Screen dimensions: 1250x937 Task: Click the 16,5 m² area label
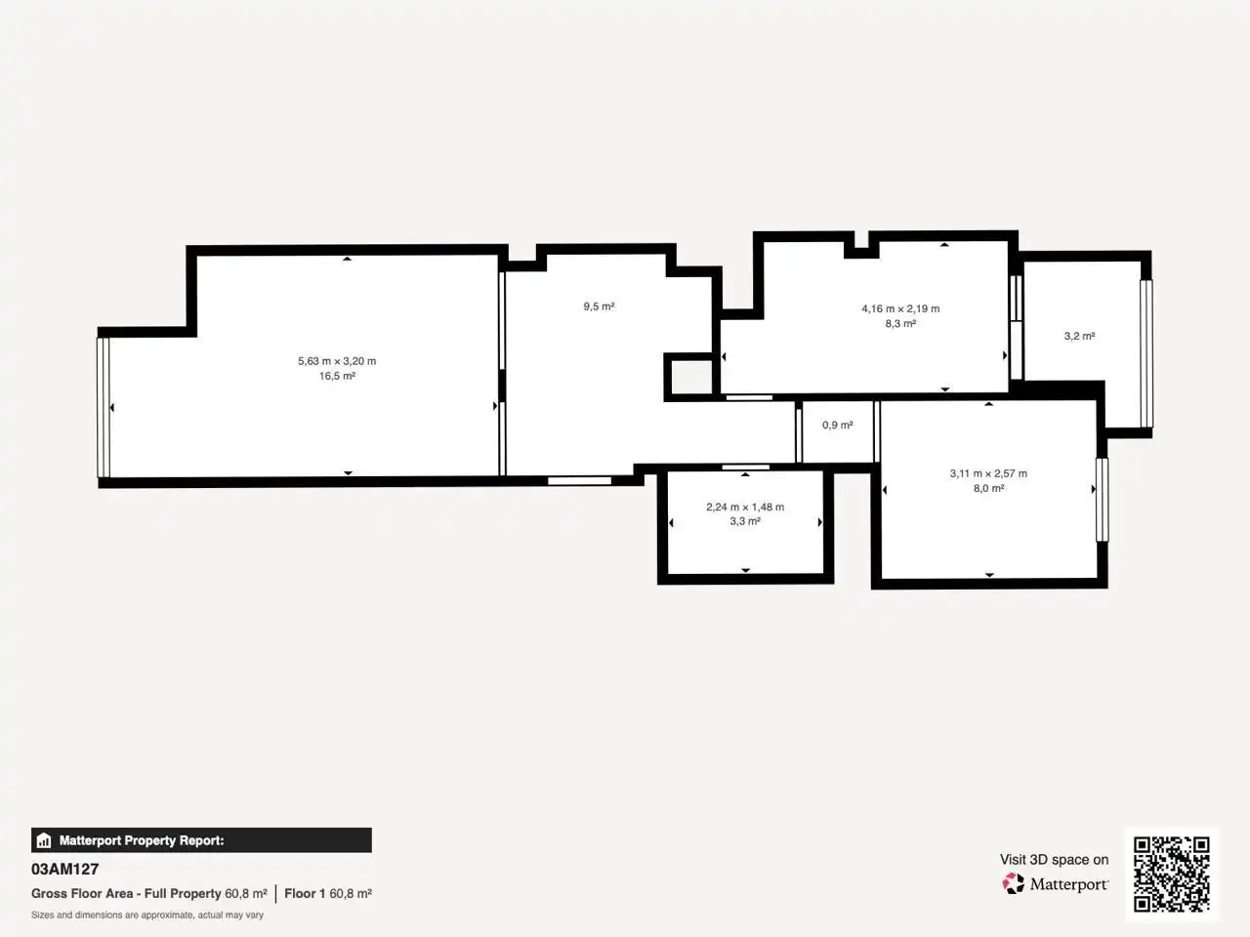[337, 376]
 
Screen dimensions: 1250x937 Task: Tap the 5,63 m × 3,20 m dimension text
[337, 361]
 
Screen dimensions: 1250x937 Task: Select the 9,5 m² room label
[599, 306]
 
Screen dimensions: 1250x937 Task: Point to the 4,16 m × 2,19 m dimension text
[900, 309]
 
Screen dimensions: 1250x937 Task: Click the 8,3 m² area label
[900, 324]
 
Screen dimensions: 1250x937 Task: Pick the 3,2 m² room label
[1080, 336]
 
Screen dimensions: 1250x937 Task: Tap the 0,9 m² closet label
[838, 425]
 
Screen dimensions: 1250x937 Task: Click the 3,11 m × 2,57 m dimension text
[988, 473]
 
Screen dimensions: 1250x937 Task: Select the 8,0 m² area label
[988, 488]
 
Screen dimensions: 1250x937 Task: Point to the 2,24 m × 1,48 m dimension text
[745, 507]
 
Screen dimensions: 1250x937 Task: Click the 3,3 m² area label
[745, 521]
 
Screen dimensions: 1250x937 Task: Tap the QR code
[1172, 874]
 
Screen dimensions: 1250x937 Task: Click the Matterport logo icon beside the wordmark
[1013, 883]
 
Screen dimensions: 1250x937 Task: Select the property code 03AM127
[64, 869]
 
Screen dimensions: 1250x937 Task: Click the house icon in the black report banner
[44, 840]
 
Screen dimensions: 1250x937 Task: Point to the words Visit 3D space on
[1054, 860]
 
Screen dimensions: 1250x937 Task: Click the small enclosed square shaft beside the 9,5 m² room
[689, 377]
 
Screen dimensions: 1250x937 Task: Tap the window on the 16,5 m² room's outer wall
[104, 407]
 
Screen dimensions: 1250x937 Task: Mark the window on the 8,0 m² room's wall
[1103, 500]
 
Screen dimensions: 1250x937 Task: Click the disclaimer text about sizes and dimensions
[147, 915]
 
